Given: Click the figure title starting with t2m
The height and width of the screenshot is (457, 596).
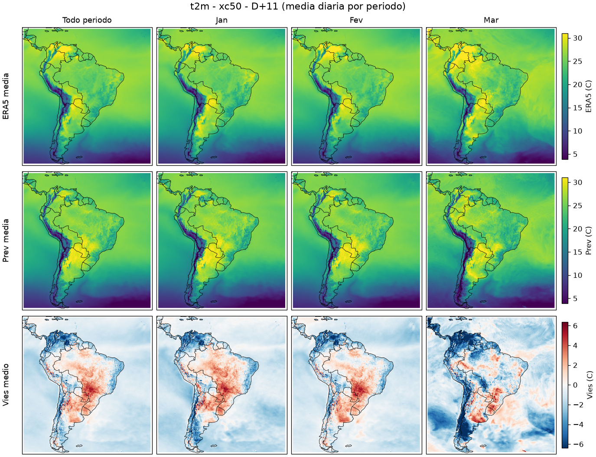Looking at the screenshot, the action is [298, 6].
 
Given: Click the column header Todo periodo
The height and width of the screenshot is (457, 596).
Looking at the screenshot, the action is [87, 20].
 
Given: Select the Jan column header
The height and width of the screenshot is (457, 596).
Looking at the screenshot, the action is [221, 20].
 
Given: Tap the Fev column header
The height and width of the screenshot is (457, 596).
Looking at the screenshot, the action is [356, 20].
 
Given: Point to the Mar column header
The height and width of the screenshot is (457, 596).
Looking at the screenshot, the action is [491, 20].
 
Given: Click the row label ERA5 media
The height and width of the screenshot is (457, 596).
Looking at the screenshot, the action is [6, 96].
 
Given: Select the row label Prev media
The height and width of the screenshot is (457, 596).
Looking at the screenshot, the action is [6, 241].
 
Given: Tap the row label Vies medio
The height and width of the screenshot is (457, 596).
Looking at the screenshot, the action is [6, 385].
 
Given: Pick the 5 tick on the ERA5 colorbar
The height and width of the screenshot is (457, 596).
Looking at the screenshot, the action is [575, 154].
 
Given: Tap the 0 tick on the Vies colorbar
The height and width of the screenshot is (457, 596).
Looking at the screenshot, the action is [575, 385].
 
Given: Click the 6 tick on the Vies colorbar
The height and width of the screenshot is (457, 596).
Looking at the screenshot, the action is [575, 325].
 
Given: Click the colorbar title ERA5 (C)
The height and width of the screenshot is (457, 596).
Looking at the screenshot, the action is [589, 96].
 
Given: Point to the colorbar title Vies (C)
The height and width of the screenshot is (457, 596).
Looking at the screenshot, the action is [589, 385].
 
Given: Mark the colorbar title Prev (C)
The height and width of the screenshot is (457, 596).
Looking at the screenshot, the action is [589, 241].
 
